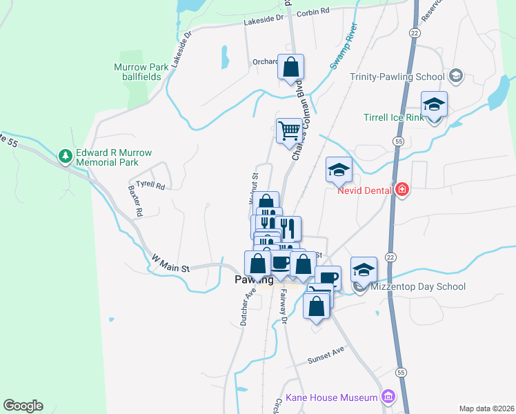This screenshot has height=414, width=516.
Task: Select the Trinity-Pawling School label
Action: (x=398, y=77)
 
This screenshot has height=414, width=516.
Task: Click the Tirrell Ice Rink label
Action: (x=393, y=117)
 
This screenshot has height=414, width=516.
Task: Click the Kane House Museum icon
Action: (x=388, y=397)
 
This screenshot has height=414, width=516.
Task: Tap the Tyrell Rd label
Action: (x=150, y=185)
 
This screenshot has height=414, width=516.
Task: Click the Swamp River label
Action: (x=344, y=47)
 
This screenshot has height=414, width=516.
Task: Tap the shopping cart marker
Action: (x=289, y=130)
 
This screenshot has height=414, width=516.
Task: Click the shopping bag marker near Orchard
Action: (x=291, y=67)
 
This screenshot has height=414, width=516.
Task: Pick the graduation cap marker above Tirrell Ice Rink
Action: (x=434, y=104)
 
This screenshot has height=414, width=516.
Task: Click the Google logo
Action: (x=23, y=406)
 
